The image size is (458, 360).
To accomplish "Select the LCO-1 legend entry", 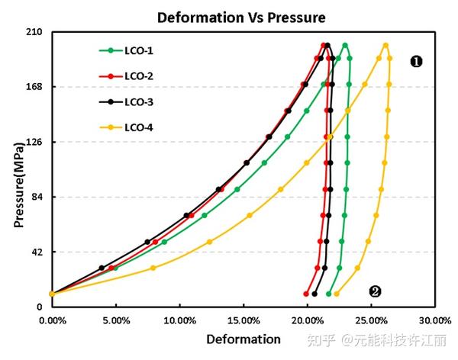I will point(139,51).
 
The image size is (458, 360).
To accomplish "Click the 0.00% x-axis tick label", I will point(51,321).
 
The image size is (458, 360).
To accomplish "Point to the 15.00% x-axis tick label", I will point(242,321).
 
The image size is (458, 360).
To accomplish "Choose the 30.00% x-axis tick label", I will point(432,321).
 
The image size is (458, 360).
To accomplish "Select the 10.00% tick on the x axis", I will point(179,321).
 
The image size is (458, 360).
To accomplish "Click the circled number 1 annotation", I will point(416,62).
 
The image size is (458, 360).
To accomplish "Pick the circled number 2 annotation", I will point(375,291).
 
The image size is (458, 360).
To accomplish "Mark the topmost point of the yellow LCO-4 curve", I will point(385,45).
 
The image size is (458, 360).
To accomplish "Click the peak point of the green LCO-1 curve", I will point(345,45).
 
